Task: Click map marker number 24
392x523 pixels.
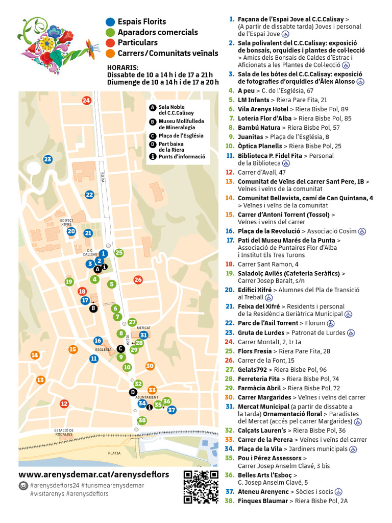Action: [x=86, y=100]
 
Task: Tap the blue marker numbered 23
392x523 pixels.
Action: [x=47, y=159]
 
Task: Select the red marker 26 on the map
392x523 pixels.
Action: [x=138, y=279]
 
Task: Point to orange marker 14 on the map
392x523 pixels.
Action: [x=35, y=355]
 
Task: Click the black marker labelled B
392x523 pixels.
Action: [x=93, y=308]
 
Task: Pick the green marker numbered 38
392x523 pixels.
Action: [x=142, y=420]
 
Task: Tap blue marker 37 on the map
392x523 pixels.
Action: [x=171, y=410]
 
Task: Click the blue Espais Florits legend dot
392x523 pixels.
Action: [x=110, y=22]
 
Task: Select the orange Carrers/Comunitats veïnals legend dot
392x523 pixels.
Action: [x=110, y=53]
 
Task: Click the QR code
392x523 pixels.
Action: [x=201, y=487]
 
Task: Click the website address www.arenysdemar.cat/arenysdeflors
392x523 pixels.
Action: [x=94, y=474]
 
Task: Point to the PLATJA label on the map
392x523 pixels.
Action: [x=114, y=453]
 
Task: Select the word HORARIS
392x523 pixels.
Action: [x=123, y=67]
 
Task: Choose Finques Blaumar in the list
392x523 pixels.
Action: [x=263, y=501]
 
